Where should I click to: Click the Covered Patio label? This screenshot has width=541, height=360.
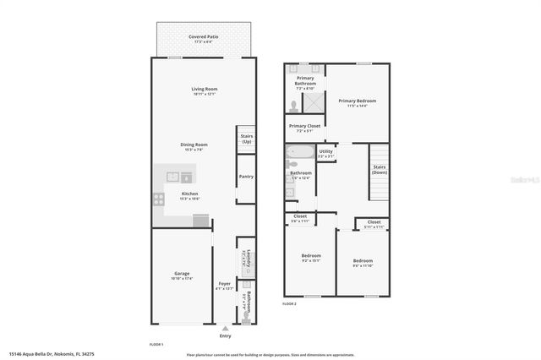[204, 37]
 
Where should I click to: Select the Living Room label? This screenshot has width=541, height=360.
[204, 89]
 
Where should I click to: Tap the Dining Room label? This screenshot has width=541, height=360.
[194, 145]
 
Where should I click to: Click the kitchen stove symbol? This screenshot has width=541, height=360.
[158, 199]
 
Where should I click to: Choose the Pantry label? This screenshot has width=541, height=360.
[246, 177]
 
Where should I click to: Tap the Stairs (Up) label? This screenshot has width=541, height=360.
[247, 139]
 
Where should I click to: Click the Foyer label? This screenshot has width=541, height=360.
[224, 284]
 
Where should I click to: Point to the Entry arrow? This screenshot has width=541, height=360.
[224, 328]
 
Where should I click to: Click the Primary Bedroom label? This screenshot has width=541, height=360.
[357, 101]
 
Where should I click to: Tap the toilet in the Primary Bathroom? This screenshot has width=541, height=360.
[293, 106]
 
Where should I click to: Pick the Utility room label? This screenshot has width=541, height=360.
[325, 153]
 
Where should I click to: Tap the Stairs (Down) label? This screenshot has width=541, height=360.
[380, 169]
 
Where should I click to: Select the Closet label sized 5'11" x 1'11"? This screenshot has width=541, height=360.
[373, 224]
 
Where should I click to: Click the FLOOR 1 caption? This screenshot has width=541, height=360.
[156, 344]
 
